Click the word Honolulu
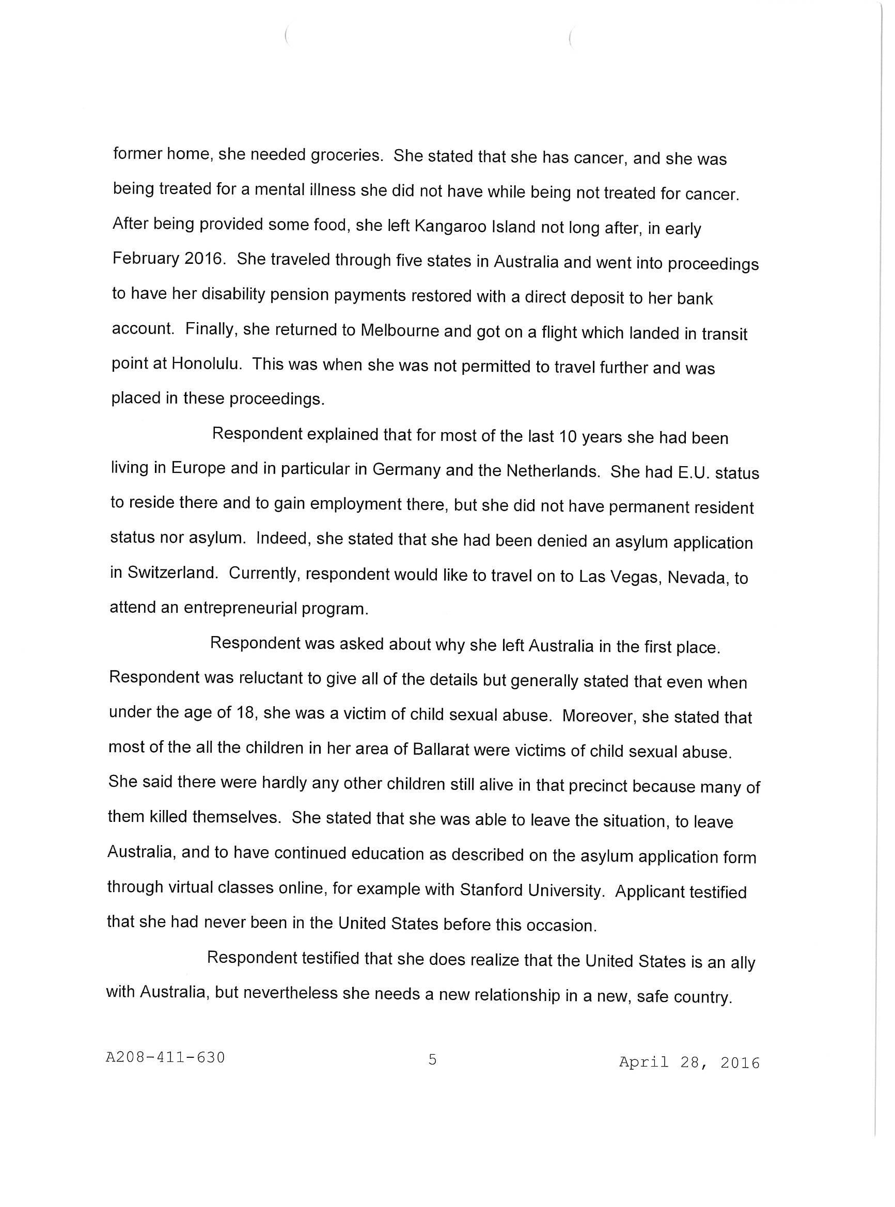pos(206,363)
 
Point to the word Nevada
pos(697,578)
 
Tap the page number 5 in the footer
pos(432,1059)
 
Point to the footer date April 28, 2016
pos(689,1062)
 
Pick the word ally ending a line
pos(742,963)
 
